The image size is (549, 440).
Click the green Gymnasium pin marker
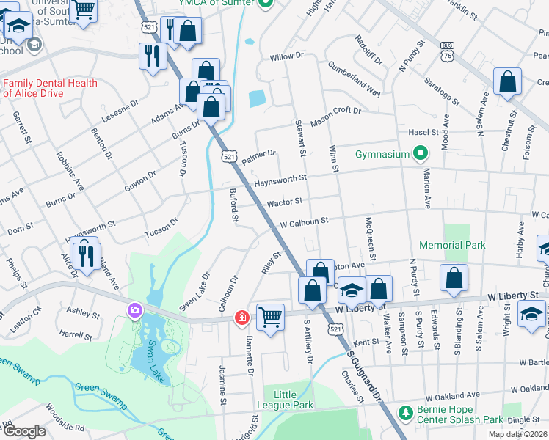point(420,154)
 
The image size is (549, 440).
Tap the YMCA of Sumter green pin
point(267,4)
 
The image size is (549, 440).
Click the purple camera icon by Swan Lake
point(134,311)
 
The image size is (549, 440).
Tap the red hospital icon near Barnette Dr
point(241,317)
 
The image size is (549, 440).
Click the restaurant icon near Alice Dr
point(86,254)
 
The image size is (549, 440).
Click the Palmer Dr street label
point(258,155)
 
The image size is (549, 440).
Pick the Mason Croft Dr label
point(335,116)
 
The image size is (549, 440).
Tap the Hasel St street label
point(424,132)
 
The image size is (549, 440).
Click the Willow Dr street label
point(286,56)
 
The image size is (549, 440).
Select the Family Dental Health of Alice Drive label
point(50,88)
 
